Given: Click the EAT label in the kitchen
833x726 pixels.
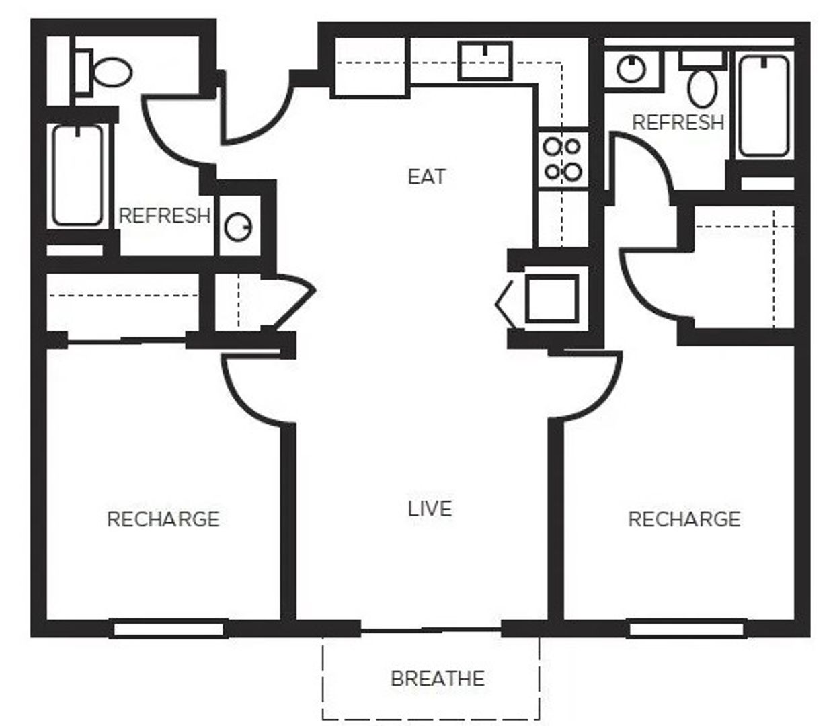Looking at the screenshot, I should pyautogui.click(x=426, y=177).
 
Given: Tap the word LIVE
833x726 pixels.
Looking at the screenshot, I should pyautogui.click(x=430, y=508).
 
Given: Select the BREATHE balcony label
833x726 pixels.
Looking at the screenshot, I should pyautogui.click(x=437, y=678).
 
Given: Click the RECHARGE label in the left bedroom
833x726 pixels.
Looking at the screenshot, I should pyautogui.click(x=163, y=519).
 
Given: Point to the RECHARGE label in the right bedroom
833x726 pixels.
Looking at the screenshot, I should pyautogui.click(x=684, y=519).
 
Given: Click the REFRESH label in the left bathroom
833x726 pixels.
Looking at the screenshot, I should pyautogui.click(x=165, y=216).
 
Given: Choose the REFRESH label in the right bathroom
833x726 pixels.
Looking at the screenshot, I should pyautogui.click(x=678, y=122).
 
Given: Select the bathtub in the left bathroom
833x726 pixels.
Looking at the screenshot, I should pyautogui.click(x=78, y=175).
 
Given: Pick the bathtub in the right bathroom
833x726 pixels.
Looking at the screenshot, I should pyautogui.click(x=764, y=106).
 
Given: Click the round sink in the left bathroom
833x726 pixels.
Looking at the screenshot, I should pyautogui.click(x=237, y=228).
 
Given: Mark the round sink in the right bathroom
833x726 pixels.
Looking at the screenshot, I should pyautogui.click(x=631, y=69).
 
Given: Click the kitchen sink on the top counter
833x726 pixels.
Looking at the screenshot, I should pyautogui.click(x=485, y=61).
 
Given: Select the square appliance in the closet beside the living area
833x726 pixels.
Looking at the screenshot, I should pyautogui.click(x=551, y=298).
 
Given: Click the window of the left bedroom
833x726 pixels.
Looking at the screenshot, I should pyautogui.click(x=168, y=630).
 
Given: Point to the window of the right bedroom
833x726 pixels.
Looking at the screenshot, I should pyautogui.click(x=686, y=630).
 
